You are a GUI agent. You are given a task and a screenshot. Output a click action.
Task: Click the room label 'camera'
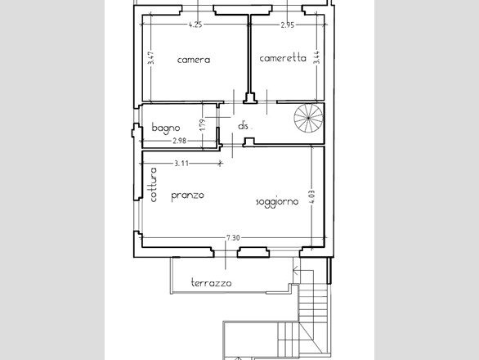click(194, 60)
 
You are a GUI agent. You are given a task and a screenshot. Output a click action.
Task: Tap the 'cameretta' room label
click(283, 58)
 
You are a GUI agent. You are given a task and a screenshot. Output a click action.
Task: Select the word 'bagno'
click(166, 128)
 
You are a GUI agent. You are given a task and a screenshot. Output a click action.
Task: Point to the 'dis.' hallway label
click(244, 126)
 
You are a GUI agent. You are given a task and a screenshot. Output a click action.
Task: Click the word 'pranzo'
click(187, 196)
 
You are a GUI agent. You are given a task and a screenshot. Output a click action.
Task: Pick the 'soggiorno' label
click(277, 202)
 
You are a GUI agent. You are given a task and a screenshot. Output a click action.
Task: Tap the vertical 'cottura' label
click(154, 184)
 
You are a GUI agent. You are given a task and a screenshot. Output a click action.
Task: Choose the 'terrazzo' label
click(211, 283)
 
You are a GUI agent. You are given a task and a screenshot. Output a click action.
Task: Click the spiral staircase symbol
click(308, 118)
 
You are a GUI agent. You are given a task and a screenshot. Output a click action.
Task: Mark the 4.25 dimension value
click(195, 25)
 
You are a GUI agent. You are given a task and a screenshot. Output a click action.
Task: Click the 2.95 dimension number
click(288, 25)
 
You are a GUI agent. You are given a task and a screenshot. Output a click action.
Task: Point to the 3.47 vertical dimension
click(150, 57)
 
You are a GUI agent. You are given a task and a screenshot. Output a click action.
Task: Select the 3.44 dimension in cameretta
click(317, 57)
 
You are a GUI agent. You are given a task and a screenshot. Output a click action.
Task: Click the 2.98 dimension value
click(179, 141)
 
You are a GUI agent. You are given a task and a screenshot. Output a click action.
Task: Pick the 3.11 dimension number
click(181, 164)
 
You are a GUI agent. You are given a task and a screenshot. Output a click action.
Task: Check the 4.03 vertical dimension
click(312, 197)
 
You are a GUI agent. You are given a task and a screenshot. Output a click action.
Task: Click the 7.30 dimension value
click(233, 237)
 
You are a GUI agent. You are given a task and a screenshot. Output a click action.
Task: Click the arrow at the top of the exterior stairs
click(296, 270)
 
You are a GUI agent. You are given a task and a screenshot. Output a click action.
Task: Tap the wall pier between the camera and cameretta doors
click(250, 98)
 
